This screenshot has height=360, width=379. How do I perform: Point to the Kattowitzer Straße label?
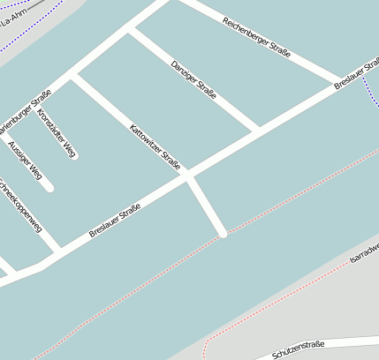155,146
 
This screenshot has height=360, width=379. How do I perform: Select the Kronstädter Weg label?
55,133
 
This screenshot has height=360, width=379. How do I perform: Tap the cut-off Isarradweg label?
364,254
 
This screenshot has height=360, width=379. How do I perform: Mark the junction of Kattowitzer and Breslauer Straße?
187,176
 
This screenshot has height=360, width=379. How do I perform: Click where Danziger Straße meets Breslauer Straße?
257,131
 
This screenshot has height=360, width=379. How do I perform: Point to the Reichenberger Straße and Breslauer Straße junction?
340,80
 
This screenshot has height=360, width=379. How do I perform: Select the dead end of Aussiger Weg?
49,187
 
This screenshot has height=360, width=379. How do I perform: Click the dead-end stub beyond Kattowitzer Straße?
224,234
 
